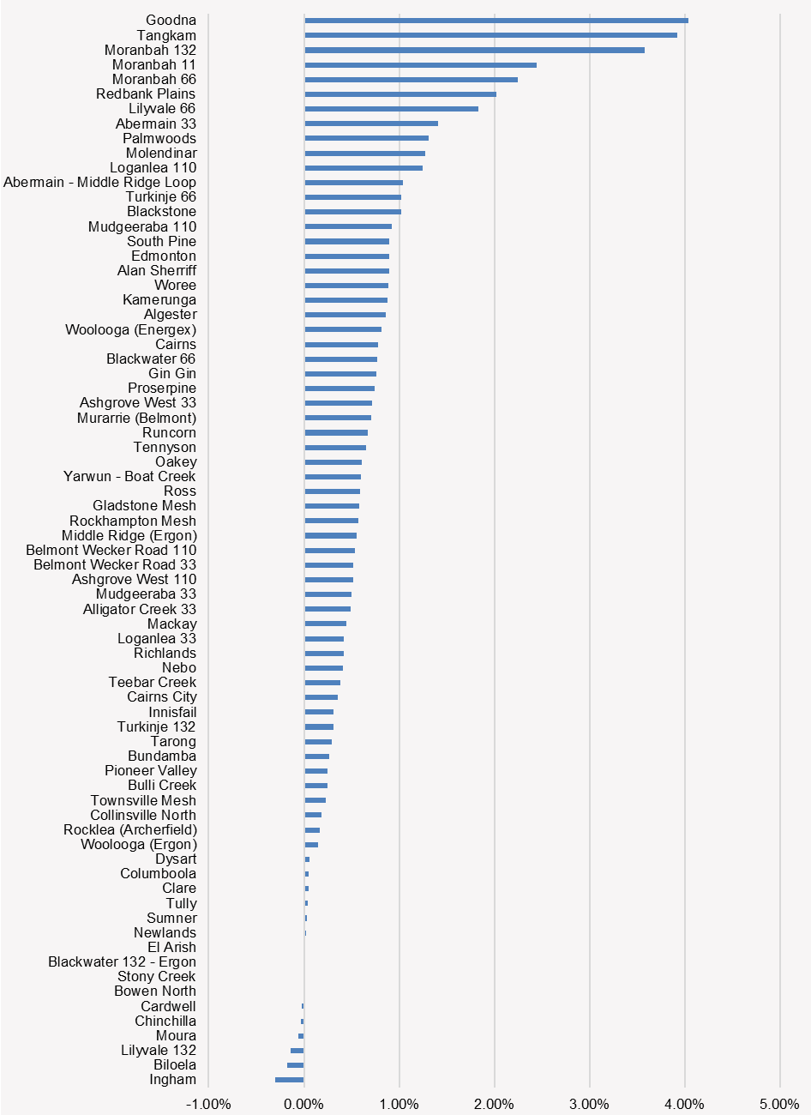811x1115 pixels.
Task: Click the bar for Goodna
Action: coord(496,21)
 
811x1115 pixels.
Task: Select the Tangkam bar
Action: coord(490,35)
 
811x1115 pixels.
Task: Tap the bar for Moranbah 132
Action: coord(474,50)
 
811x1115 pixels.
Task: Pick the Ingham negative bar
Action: coord(290,1079)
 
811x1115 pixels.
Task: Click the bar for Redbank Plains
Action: coord(400,94)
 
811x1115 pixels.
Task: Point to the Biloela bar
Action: coord(296,1064)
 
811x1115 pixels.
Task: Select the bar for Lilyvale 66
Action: coord(391,109)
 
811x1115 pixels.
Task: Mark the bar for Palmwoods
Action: coord(366,138)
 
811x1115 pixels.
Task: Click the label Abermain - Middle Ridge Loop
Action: coord(99,182)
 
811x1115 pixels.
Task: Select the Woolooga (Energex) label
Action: coord(130,329)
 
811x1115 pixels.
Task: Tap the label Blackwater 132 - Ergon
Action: coord(122,961)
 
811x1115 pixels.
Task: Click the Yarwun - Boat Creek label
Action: coord(129,476)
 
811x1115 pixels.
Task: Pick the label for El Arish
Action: coord(171,947)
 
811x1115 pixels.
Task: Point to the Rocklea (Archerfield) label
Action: coord(129,829)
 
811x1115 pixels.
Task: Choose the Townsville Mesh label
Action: coord(143,800)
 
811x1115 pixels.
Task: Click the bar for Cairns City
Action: coord(321,697)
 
